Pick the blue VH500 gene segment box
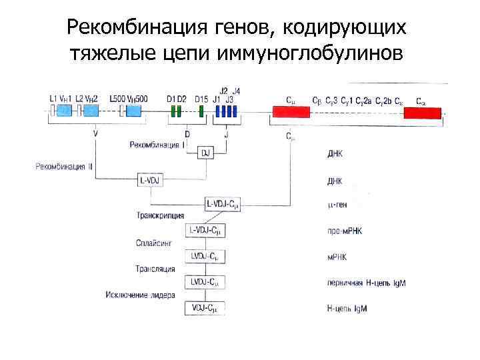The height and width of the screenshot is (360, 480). coord(133,111)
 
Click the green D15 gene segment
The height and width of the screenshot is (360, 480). coord(202,111)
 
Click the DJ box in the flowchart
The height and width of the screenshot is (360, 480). coord(205,153)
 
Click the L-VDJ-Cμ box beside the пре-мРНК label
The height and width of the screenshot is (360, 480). coord(203,230)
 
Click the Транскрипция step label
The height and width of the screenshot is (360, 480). coord(160,216)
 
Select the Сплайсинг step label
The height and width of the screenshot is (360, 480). coord(154,243)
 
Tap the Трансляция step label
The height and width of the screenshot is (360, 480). coord(155,269)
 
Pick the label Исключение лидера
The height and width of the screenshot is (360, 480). coord(140,295)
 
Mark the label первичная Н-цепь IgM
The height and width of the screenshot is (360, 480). coord(367,283)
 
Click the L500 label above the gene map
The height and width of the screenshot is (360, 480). coord(117,99)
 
